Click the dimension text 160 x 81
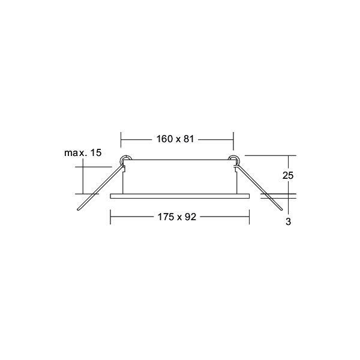coord(175,139)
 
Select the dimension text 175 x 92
coord(177,217)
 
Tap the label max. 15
coord(83,152)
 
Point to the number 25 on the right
coord(288,175)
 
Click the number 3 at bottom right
coord(289,221)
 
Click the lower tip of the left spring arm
coord(78,209)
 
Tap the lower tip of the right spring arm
coord(281,209)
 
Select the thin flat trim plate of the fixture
coord(180,196)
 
